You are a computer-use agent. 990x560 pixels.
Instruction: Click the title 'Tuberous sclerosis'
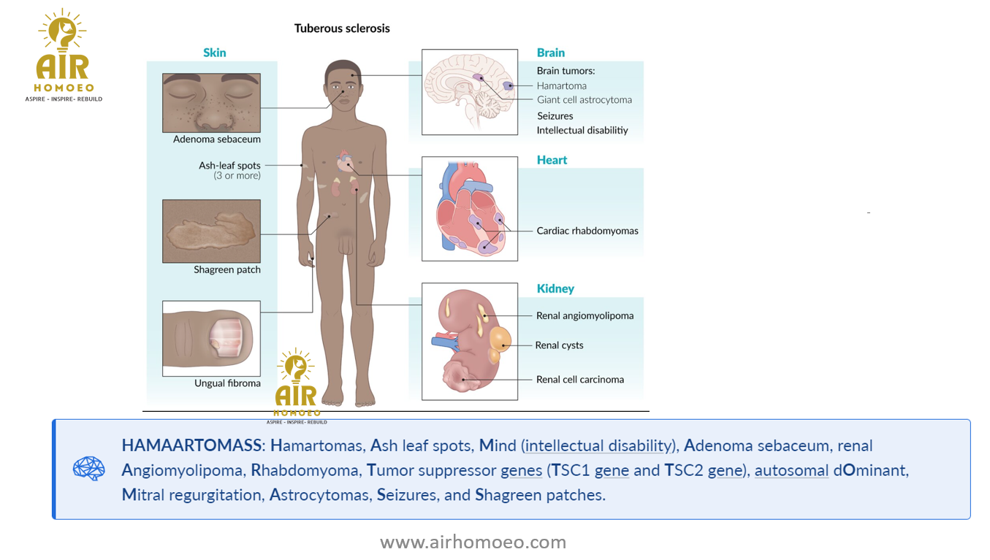pos(342,28)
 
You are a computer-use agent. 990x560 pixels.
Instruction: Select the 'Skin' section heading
pos(214,53)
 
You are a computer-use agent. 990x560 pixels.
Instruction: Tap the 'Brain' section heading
pos(551,53)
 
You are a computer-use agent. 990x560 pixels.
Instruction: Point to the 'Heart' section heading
pos(552,160)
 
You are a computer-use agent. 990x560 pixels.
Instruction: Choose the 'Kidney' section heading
pos(555,288)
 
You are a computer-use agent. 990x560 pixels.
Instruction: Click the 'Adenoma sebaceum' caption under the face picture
pos(216,139)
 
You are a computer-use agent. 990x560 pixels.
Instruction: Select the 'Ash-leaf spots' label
pos(229,165)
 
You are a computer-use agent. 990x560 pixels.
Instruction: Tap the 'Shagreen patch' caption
pos(227,269)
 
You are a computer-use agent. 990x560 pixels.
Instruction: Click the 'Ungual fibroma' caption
pos(227,383)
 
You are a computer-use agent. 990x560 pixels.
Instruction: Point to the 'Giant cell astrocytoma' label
pos(585,100)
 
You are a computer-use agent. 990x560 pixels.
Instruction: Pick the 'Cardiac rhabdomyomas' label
pos(587,231)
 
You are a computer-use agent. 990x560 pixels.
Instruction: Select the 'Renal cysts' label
pos(559,345)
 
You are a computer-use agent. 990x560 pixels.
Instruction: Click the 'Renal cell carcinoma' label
pos(580,380)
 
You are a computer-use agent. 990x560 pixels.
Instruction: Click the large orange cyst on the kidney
pos(500,340)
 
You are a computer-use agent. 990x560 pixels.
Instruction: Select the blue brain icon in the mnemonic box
pos(89,468)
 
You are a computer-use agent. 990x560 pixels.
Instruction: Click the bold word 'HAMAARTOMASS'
pos(191,445)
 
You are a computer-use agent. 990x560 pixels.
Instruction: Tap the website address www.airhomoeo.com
pos(473,542)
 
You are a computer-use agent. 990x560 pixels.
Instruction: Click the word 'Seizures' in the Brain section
pos(555,115)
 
